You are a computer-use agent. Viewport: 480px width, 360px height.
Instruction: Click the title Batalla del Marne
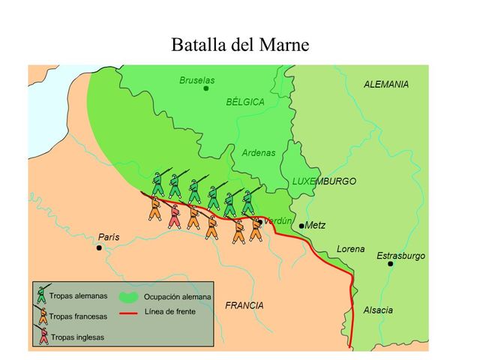240,45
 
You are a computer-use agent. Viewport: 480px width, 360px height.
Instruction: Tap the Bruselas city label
197,79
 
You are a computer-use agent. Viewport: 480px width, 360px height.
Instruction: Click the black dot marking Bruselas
206,88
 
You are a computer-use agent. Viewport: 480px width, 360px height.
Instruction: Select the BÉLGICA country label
245,102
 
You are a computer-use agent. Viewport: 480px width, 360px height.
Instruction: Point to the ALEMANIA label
386,85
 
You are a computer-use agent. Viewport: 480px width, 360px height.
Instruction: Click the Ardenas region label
259,153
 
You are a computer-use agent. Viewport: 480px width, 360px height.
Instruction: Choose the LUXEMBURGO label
324,181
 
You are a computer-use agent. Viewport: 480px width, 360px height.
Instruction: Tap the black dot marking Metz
301,226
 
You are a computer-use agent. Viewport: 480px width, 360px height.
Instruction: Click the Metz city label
316,224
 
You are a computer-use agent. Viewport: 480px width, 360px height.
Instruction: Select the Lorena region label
350,249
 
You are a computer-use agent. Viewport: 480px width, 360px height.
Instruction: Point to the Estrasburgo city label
400,256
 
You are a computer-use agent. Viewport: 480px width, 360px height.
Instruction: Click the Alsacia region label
378,310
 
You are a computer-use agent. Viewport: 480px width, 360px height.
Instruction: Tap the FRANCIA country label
244,305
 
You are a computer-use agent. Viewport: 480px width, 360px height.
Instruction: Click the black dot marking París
99,247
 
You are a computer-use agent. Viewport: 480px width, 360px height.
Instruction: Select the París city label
109,237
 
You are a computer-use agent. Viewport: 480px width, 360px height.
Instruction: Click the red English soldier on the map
175,214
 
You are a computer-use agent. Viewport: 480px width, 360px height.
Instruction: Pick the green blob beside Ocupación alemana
129,297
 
